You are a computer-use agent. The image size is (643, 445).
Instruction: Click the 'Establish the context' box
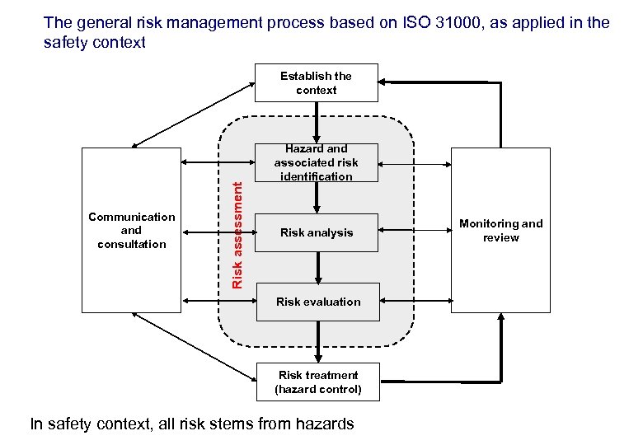point(316,82)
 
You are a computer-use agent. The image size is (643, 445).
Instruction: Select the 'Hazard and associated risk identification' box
point(317,162)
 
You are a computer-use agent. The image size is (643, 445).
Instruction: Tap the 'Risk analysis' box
point(317,232)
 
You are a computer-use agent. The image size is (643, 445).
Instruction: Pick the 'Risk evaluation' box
point(318,302)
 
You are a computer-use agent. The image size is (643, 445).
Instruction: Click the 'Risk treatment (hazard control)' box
point(318,382)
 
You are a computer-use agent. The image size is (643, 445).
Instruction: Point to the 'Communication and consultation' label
point(132,230)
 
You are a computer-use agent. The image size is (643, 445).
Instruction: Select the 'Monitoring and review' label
point(501,230)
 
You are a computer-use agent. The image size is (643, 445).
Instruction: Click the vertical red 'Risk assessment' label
point(237,235)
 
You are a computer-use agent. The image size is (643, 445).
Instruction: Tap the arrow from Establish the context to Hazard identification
point(317,122)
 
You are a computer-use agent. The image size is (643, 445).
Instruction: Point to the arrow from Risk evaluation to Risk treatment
point(318,340)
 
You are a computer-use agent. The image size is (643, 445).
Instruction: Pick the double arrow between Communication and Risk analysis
point(218,232)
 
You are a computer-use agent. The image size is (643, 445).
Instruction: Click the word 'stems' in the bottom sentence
point(227,424)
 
